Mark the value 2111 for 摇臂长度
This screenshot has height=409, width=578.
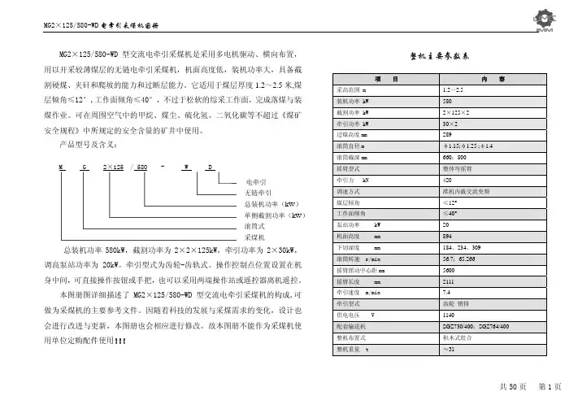coord(448,280)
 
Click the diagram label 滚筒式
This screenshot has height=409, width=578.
coord(255,226)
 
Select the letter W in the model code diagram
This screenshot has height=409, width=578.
coord(185,167)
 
